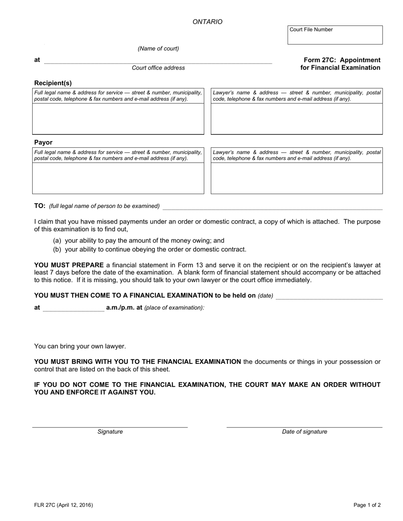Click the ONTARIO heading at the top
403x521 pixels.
pos(207,22)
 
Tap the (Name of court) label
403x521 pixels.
pos(158,49)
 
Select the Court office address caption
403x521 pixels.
pos(158,68)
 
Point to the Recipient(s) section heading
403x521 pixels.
pos(53,83)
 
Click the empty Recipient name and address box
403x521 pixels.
pos(118,119)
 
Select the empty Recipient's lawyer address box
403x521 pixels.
pos(297,119)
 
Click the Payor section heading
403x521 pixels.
pos(43,142)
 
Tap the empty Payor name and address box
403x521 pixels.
pos(118,178)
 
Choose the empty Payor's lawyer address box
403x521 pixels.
pos(297,178)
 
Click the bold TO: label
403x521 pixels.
pos(40,206)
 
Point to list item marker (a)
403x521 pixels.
pos(57,241)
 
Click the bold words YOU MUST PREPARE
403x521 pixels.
pos(69,265)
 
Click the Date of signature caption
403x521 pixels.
pos(305,432)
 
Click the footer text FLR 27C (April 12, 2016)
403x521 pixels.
pos(64,505)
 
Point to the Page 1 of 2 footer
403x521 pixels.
pos(367,505)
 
